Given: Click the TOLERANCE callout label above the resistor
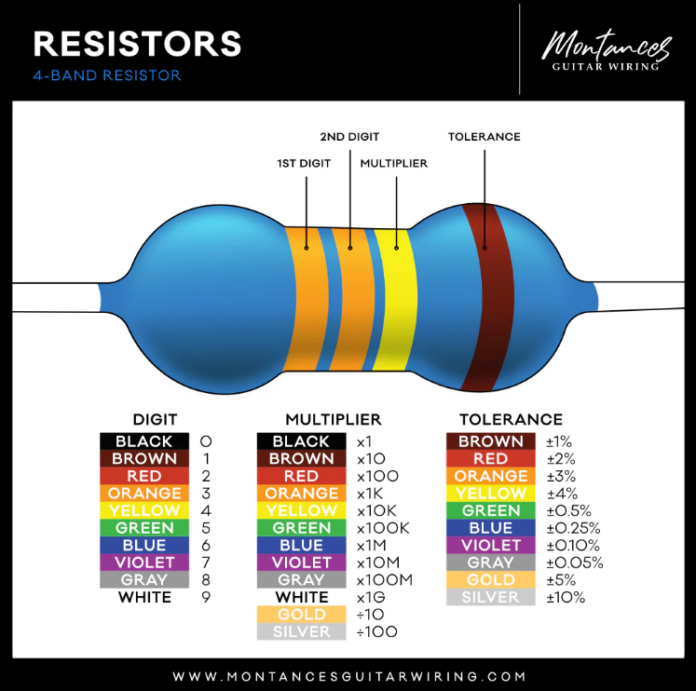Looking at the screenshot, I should point(484,137).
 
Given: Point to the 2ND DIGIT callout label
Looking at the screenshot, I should point(349,137).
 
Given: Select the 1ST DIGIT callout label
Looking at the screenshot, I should point(304,163).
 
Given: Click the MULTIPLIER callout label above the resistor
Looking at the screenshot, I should point(394,163).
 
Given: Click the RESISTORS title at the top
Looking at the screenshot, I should point(138,43).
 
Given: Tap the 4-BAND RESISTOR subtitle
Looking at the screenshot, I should point(107,75).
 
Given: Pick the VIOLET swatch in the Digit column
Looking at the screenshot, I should point(144,562).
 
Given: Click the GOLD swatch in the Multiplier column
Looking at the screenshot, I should point(302,615).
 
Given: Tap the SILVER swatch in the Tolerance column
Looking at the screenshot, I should point(490,597).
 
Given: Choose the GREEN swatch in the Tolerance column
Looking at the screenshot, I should point(490,510).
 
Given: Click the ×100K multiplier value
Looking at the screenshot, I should point(384,528).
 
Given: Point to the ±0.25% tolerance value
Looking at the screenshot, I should point(573,528).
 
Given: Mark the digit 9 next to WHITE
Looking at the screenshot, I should point(206,597).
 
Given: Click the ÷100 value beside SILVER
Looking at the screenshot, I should point(377,632).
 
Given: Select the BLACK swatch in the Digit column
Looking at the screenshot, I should point(144,441).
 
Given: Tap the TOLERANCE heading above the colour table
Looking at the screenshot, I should point(511,420).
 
